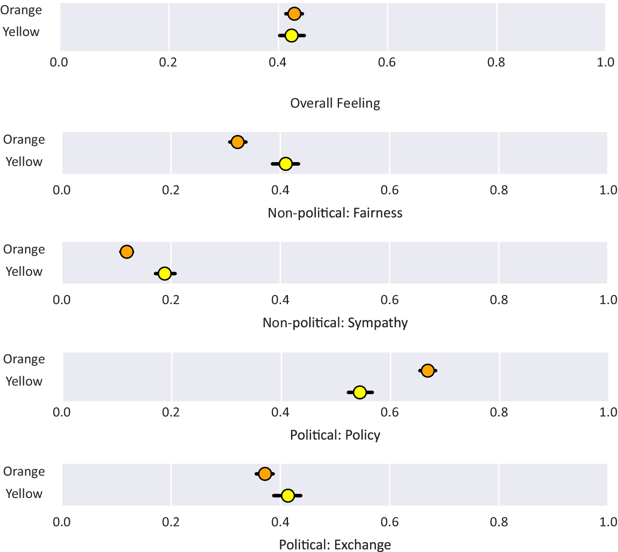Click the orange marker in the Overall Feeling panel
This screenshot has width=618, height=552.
(294, 14)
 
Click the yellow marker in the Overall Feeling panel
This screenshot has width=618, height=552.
(291, 35)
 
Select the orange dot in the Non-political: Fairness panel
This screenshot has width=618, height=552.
(237, 142)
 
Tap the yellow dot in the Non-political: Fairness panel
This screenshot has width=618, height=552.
(285, 163)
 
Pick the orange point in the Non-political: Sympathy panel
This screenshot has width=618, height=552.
(126, 251)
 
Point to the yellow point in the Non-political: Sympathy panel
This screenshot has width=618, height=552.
(165, 273)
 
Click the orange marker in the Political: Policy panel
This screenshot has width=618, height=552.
(428, 371)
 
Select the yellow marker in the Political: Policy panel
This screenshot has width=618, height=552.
(360, 392)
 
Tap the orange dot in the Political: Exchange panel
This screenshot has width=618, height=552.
(265, 474)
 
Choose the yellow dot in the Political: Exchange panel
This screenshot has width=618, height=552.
(288, 495)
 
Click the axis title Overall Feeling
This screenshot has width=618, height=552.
(335, 103)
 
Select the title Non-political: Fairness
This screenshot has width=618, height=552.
(335, 213)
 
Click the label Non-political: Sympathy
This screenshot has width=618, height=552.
(335, 323)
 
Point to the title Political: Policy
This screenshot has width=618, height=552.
(335, 435)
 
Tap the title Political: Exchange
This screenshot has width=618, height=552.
(335, 545)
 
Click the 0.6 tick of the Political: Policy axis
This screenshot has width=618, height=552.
(390, 413)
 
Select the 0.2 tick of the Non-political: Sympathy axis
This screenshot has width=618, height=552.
(171, 300)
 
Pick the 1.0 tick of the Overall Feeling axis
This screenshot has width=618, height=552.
(605, 62)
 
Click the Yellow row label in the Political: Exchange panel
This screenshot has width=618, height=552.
(24, 494)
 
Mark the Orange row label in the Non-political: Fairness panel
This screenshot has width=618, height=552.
(24, 140)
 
